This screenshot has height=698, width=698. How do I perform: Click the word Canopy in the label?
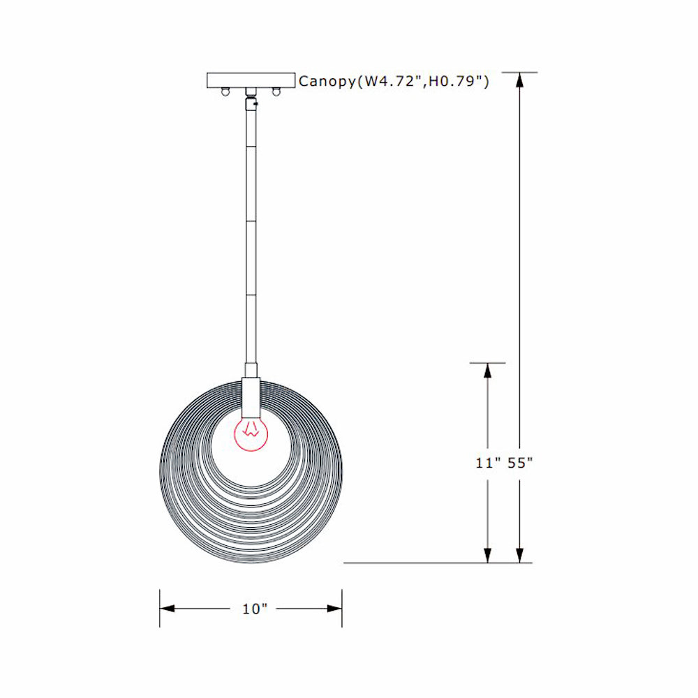tap(327, 82)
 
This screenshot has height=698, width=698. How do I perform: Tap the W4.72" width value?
tap(385, 82)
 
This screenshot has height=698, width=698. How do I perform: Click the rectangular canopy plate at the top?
tap(251, 80)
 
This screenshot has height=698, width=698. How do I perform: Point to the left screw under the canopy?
tap(225, 91)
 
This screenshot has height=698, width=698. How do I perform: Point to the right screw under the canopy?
tap(276, 91)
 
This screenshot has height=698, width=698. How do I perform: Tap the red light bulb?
tap(250, 434)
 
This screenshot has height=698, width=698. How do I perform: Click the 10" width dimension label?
tap(255, 609)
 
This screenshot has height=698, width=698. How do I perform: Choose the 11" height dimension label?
tap(489, 463)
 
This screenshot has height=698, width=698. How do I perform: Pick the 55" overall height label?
tap(521, 463)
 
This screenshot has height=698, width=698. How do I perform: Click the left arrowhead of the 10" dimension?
tap(168, 609)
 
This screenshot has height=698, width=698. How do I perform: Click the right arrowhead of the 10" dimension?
tap(334, 609)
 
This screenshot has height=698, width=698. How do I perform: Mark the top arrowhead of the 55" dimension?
tap(519, 80)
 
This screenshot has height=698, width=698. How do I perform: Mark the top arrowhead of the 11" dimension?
tap(487, 371)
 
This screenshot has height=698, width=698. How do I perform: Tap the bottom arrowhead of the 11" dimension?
tap(487, 554)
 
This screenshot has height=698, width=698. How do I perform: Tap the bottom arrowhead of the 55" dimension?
tap(519, 554)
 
